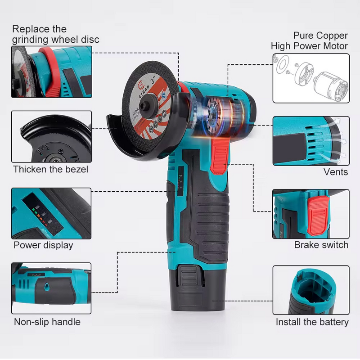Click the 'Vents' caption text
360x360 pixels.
click(x=336, y=172)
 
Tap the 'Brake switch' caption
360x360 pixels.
click(x=321, y=245)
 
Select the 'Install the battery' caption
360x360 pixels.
click(x=312, y=322)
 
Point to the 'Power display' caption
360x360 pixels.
click(x=43, y=245)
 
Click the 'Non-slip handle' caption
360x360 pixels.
click(x=47, y=322)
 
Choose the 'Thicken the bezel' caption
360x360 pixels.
click(x=50, y=169)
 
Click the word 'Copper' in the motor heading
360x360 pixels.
click(x=332, y=36)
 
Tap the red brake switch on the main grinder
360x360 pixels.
click(x=219, y=156)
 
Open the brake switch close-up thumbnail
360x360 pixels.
click(x=310, y=214)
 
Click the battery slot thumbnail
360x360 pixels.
click(x=310, y=290)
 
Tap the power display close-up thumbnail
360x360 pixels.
click(x=51, y=213)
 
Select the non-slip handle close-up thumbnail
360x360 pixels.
click(x=51, y=288)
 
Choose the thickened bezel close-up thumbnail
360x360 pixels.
click(x=51, y=137)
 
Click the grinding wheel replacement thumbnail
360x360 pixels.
click(x=51, y=72)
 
